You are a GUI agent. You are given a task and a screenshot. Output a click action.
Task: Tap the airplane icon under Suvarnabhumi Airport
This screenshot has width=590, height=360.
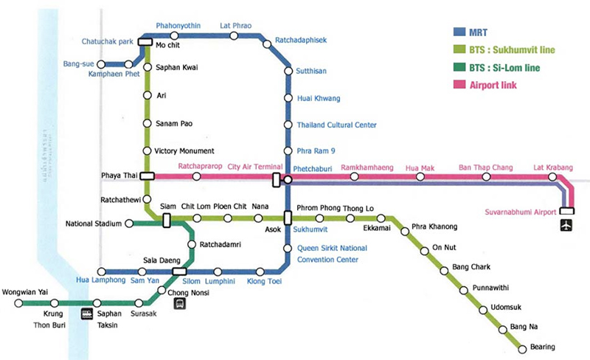click(x=566, y=225)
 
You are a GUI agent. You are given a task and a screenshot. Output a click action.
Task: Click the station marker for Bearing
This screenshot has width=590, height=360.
click(x=523, y=347)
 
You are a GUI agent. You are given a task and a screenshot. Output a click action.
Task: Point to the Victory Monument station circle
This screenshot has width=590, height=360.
click(x=147, y=151)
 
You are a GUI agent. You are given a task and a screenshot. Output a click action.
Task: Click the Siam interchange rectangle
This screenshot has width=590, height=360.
click(x=167, y=219)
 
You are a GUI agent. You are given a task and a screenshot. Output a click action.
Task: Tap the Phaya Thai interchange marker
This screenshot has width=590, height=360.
click(x=147, y=176)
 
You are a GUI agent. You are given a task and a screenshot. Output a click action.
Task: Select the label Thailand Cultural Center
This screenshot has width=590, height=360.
click(x=336, y=125)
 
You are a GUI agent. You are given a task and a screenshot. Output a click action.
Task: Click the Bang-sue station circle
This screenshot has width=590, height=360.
click(x=101, y=65)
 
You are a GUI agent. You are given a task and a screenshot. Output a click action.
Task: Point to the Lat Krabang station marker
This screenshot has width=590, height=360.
click(x=552, y=177)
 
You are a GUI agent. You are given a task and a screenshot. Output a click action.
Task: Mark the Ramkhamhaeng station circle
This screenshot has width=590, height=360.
click(x=354, y=177)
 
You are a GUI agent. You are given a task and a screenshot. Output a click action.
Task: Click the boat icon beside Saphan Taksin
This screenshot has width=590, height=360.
click(x=97, y=313)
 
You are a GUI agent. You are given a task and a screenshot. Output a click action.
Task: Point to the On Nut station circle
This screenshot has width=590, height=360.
click(x=424, y=252)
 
